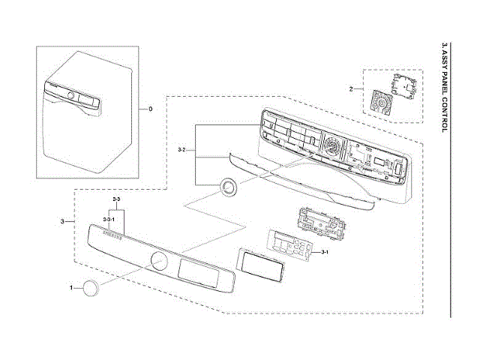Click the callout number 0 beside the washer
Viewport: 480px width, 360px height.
click(x=150, y=109)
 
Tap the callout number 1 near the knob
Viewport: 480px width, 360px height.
click(x=72, y=288)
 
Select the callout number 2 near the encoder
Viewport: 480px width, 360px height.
click(x=351, y=89)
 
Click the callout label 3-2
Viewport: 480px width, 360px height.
click(x=181, y=151)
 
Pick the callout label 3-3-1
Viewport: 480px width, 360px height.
click(x=109, y=218)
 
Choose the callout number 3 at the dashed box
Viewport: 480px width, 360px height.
click(x=61, y=222)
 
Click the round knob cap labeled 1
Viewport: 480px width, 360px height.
click(x=91, y=289)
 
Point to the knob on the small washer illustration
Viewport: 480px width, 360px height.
click(x=70, y=97)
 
